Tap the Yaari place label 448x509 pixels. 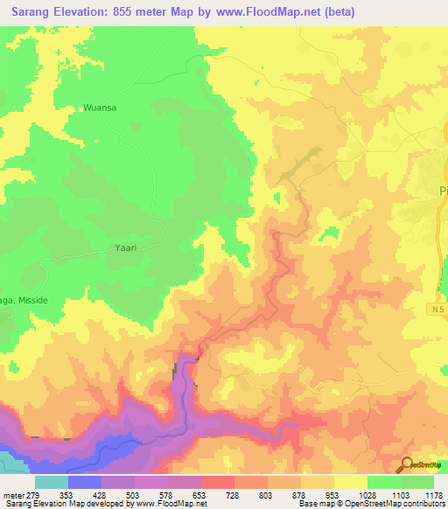pyautogui.click(x=127, y=248)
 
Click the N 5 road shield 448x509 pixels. pyautogui.click(x=437, y=310)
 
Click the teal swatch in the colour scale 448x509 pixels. pyautogui.click(x=51, y=482)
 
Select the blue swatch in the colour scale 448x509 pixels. pyautogui.click(x=84, y=482)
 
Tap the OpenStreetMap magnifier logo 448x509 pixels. pyautogui.click(x=408, y=464)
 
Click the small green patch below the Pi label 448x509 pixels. pyautogui.click(x=330, y=234)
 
